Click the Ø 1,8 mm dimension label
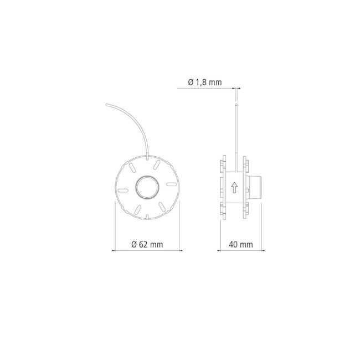coord(204,82)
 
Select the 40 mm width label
coord(239,244)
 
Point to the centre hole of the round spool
coord(147,187)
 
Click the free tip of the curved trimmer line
coord(107,104)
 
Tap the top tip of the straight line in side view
coord(236,104)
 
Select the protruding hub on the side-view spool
coord(257,187)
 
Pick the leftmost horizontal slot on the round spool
coord(122,187)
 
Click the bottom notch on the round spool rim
coord(147,217)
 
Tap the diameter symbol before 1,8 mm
coord(191,82)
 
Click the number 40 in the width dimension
coord(232,244)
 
